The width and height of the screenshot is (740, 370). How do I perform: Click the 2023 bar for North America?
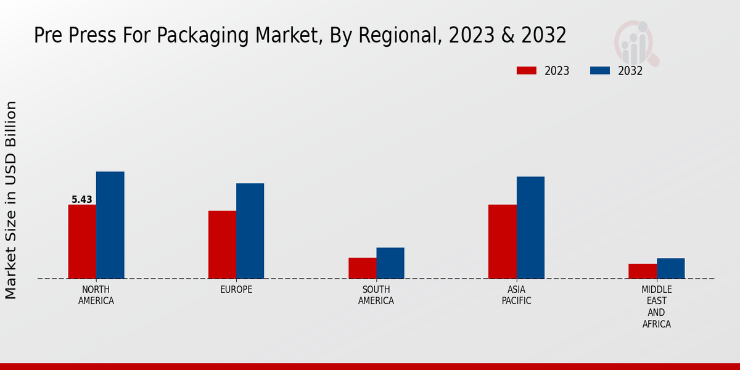click(x=82, y=242)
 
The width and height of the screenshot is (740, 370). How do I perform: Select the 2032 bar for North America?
click(x=110, y=225)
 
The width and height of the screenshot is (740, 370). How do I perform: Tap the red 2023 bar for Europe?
click(x=222, y=245)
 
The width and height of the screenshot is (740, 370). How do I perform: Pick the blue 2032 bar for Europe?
click(x=250, y=231)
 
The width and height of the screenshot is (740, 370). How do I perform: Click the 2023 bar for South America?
click(x=362, y=268)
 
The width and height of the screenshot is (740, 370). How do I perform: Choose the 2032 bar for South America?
click(x=390, y=263)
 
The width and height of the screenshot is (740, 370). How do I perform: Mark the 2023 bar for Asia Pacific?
click(x=502, y=242)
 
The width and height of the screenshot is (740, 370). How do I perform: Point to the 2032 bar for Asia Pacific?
click(x=530, y=228)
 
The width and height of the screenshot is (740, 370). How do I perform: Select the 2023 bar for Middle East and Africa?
click(x=643, y=271)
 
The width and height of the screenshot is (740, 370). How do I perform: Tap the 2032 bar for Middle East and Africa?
click(x=670, y=268)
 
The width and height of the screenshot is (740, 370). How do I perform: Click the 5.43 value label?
click(x=82, y=200)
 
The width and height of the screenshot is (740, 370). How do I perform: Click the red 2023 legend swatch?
click(x=526, y=71)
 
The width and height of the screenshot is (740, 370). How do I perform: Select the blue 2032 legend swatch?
click(x=599, y=71)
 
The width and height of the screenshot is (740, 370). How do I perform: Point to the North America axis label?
click(x=96, y=295)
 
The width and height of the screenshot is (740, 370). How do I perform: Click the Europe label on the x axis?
click(x=236, y=290)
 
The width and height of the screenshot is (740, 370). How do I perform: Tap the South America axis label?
click(x=376, y=295)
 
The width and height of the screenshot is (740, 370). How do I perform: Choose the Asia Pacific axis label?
click(x=516, y=295)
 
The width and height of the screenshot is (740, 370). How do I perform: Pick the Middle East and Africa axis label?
click(x=656, y=306)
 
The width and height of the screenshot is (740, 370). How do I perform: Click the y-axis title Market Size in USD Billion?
click(x=11, y=200)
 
